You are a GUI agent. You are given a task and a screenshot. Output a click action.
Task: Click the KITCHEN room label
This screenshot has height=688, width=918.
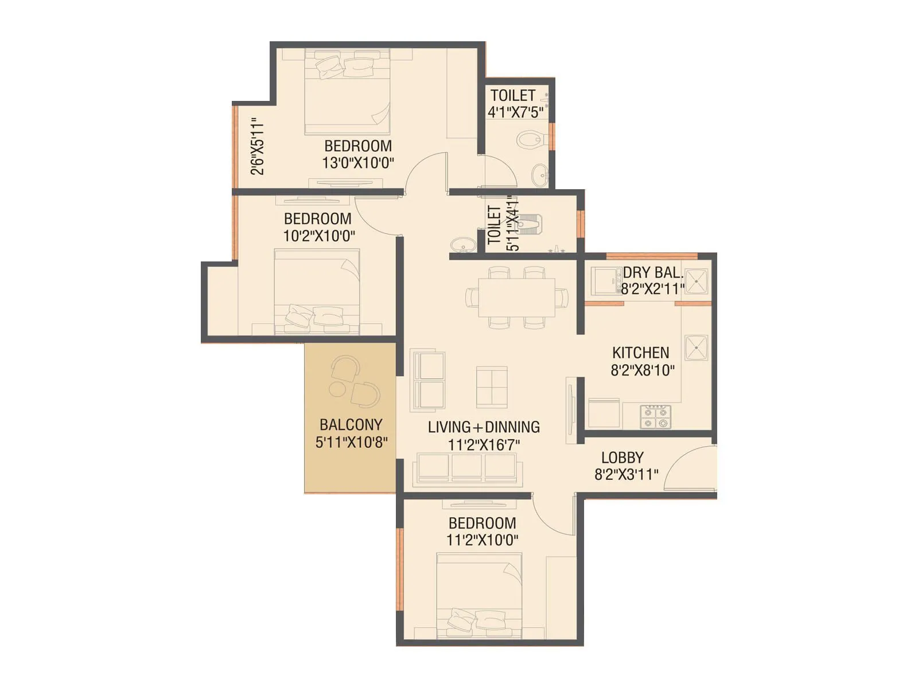640,353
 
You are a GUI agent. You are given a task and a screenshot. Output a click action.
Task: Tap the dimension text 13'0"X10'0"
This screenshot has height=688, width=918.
358,163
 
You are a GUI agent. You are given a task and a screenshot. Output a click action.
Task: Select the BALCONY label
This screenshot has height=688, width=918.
351,425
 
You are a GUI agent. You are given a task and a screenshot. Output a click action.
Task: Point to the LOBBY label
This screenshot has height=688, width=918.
622,458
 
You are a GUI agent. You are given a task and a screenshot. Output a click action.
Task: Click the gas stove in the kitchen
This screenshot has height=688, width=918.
655,416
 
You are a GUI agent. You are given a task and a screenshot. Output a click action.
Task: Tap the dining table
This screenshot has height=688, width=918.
516,297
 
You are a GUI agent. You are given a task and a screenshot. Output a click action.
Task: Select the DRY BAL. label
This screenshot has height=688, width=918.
653,272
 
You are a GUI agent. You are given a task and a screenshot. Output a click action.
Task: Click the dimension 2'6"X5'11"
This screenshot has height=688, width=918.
258,146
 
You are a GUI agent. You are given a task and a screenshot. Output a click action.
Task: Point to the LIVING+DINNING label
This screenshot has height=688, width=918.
484,427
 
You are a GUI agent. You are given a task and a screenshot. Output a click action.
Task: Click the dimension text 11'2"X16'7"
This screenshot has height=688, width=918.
484,445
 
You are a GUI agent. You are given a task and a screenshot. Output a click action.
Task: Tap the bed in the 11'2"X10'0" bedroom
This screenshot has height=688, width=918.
479,596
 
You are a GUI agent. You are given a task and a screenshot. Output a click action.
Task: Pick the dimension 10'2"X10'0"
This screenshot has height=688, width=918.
319,236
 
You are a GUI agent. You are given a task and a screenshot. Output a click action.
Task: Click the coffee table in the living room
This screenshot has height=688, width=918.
492,387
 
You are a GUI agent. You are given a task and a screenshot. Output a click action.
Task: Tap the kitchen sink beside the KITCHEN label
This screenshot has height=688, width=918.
696,347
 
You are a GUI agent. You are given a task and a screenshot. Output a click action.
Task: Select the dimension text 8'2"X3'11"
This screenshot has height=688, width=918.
626,475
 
